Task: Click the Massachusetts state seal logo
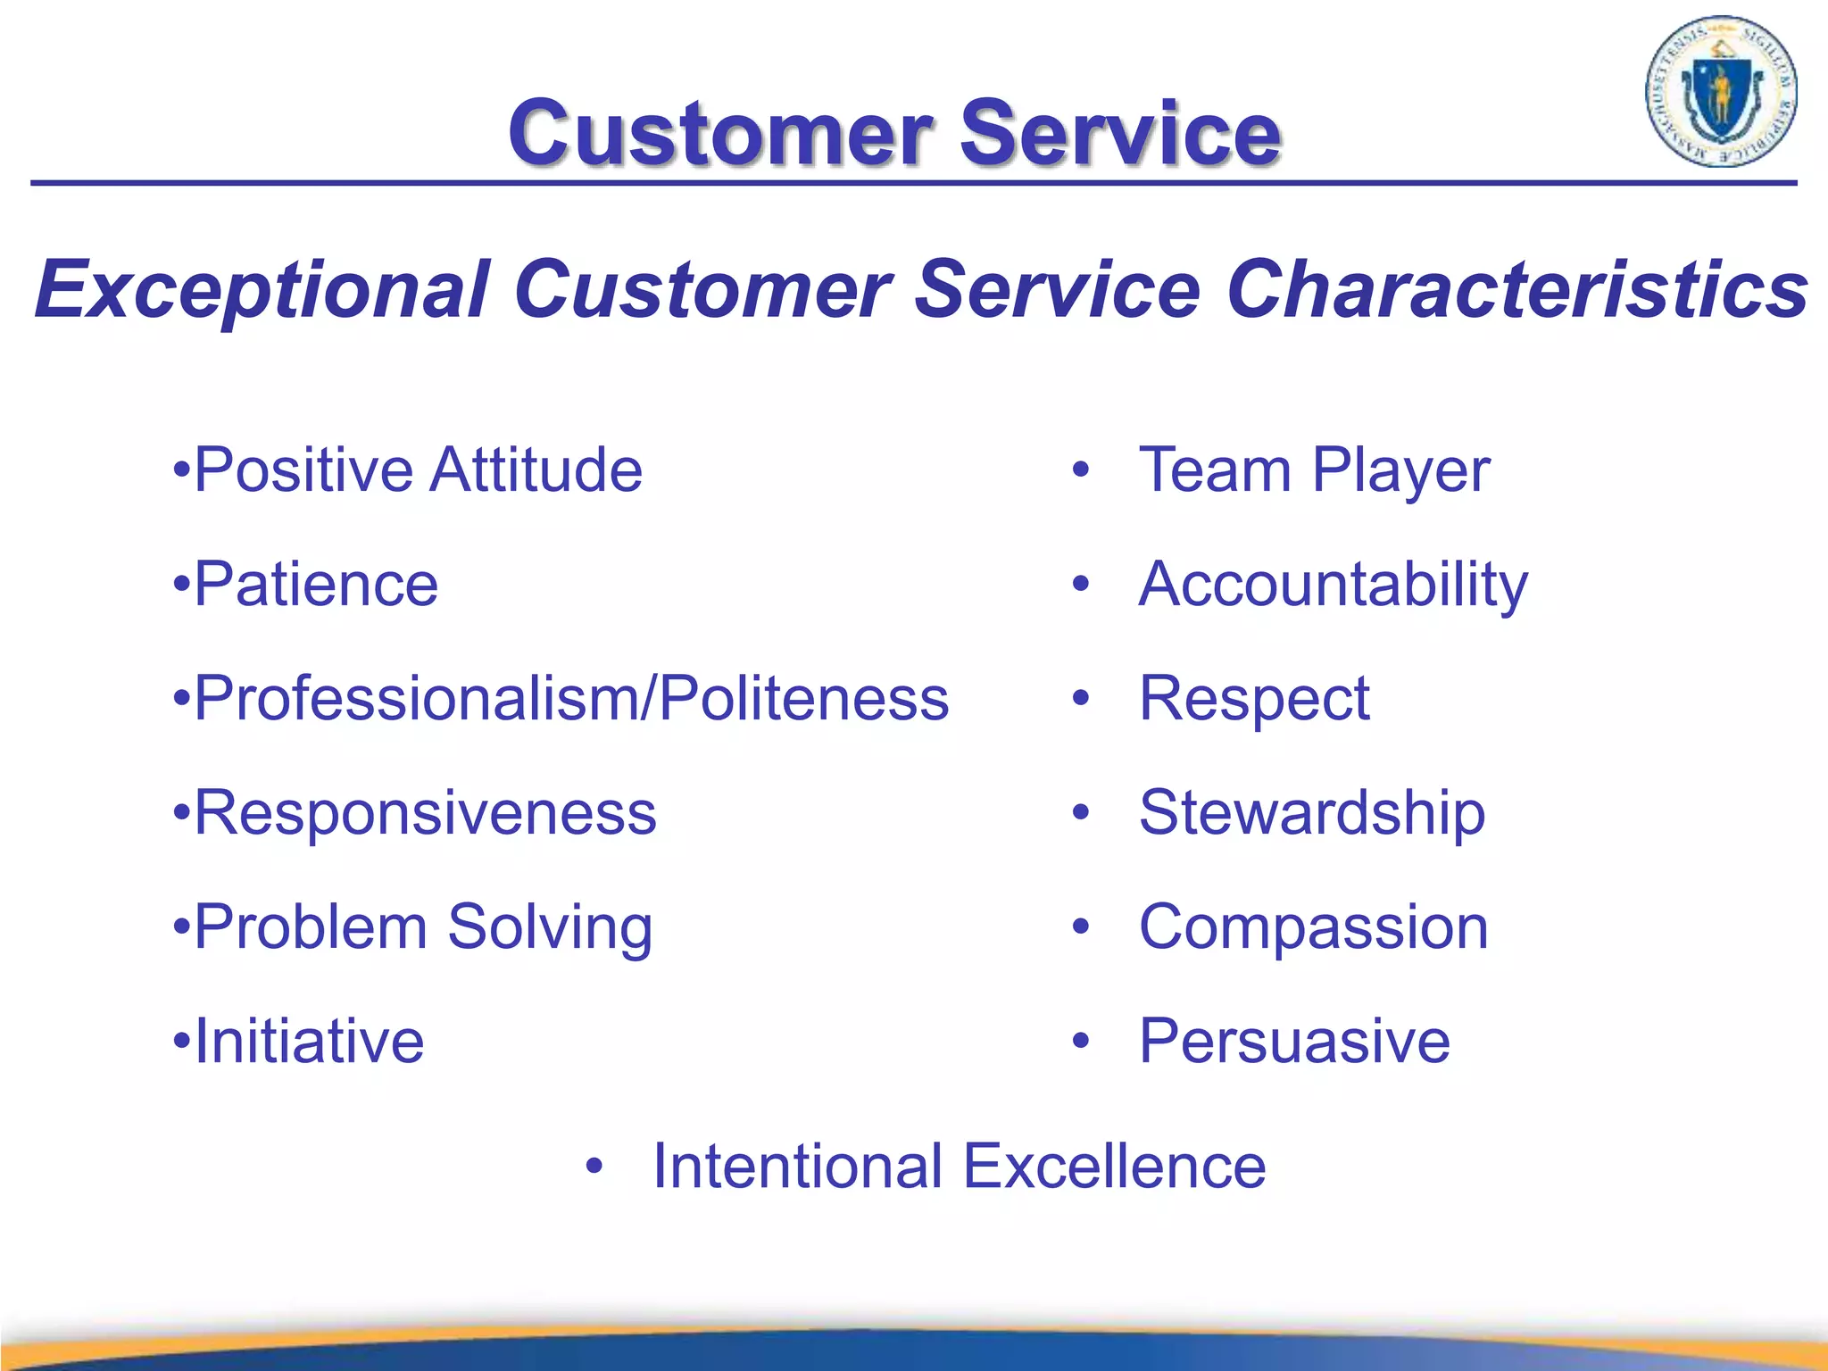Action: (x=1720, y=91)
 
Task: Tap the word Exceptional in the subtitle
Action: (x=262, y=289)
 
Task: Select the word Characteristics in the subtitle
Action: (x=1517, y=289)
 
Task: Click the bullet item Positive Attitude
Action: (x=417, y=470)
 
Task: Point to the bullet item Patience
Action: (x=315, y=585)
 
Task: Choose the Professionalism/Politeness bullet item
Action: (x=571, y=699)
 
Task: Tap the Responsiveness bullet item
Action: (x=425, y=813)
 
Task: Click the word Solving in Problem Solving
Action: (x=550, y=928)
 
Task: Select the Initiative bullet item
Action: (x=309, y=1042)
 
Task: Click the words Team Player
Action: (x=1314, y=470)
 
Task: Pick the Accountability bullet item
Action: (x=1334, y=585)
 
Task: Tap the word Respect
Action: (x=1254, y=699)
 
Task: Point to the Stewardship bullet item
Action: (x=1312, y=813)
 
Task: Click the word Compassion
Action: (x=1314, y=927)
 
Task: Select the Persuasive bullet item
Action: (x=1294, y=1042)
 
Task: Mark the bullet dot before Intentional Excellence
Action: (x=594, y=1167)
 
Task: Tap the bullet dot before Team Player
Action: (x=1081, y=470)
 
